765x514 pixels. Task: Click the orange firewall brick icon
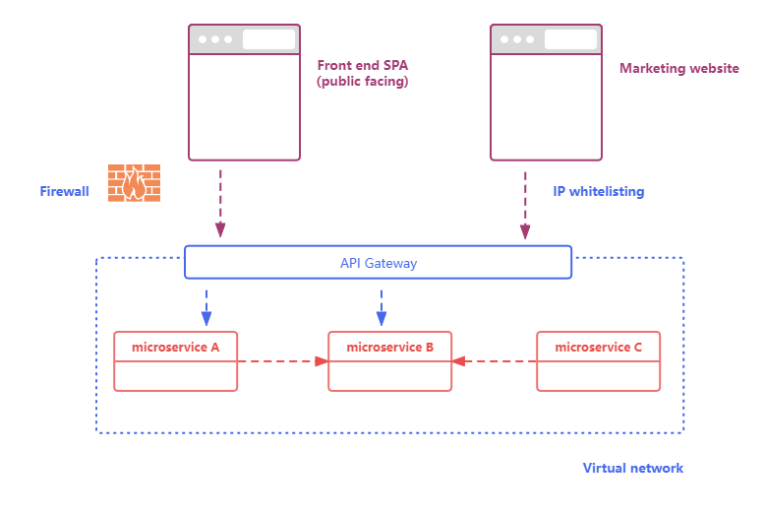pyautogui.click(x=135, y=183)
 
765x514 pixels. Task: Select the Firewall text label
pyautogui.click(x=65, y=191)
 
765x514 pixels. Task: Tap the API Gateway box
pyautogui.click(x=378, y=263)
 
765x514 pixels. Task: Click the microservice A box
pyautogui.click(x=175, y=361)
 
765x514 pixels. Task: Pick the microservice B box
pyautogui.click(x=389, y=361)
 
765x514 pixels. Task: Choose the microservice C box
pyautogui.click(x=598, y=361)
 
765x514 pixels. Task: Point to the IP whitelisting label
pyautogui.click(x=599, y=191)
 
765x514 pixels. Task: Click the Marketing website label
pyautogui.click(x=679, y=69)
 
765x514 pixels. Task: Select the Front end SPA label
pyautogui.click(x=362, y=74)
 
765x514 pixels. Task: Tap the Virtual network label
pyautogui.click(x=633, y=468)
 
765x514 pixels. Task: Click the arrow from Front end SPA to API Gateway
pyautogui.click(x=220, y=203)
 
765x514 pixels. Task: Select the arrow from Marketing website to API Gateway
pyautogui.click(x=525, y=203)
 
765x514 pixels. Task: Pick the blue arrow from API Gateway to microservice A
pyautogui.click(x=206, y=306)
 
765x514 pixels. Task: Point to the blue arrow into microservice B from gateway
pyautogui.click(x=382, y=306)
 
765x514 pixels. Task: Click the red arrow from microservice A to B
pyautogui.click(x=282, y=361)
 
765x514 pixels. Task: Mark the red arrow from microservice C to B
pyautogui.click(x=495, y=361)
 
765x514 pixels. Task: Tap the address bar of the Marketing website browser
pyautogui.click(x=570, y=39)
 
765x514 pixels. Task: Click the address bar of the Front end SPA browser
pyautogui.click(x=268, y=39)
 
